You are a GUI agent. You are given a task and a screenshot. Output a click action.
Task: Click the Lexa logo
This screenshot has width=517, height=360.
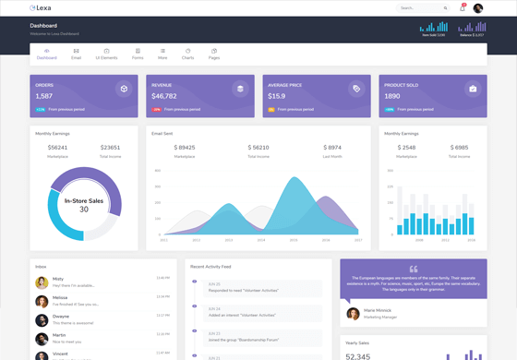[41, 8]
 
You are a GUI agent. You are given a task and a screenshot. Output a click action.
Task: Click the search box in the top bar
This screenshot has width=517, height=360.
[423, 8]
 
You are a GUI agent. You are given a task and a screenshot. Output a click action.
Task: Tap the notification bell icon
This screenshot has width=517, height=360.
[462, 8]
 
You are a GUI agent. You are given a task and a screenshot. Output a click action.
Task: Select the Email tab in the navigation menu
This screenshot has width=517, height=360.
[76, 54]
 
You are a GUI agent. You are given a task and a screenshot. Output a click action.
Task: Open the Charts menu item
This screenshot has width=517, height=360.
[188, 54]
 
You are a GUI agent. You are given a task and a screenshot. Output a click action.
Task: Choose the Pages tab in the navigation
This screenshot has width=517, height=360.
[214, 54]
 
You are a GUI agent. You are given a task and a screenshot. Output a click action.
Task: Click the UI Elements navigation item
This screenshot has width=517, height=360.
[106, 54]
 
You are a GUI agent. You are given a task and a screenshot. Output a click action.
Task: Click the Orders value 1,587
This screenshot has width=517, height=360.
[44, 96]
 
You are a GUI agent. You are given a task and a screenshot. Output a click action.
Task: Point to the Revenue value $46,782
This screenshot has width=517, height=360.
[164, 96]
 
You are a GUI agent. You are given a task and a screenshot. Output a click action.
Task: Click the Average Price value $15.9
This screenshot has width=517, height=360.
[277, 96]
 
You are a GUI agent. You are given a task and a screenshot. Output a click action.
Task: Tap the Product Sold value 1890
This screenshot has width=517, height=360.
[392, 96]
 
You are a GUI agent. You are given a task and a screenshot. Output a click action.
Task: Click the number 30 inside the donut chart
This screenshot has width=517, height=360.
[83, 210]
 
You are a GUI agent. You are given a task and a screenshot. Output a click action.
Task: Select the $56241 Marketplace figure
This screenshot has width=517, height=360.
[57, 148]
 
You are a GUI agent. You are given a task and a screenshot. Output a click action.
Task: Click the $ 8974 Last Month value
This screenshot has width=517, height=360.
[332, 148]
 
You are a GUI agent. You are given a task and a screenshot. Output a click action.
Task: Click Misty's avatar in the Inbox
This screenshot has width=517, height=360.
[42, 282]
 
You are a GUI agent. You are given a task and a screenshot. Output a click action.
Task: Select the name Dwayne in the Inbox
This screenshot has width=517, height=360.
[60, 317]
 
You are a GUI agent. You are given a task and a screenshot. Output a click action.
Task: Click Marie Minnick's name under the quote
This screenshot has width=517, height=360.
[378, 310]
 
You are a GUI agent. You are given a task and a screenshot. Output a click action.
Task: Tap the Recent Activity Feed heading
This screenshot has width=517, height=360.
[210, 267]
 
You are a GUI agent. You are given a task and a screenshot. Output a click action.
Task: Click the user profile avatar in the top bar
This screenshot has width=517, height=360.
[478, 8]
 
